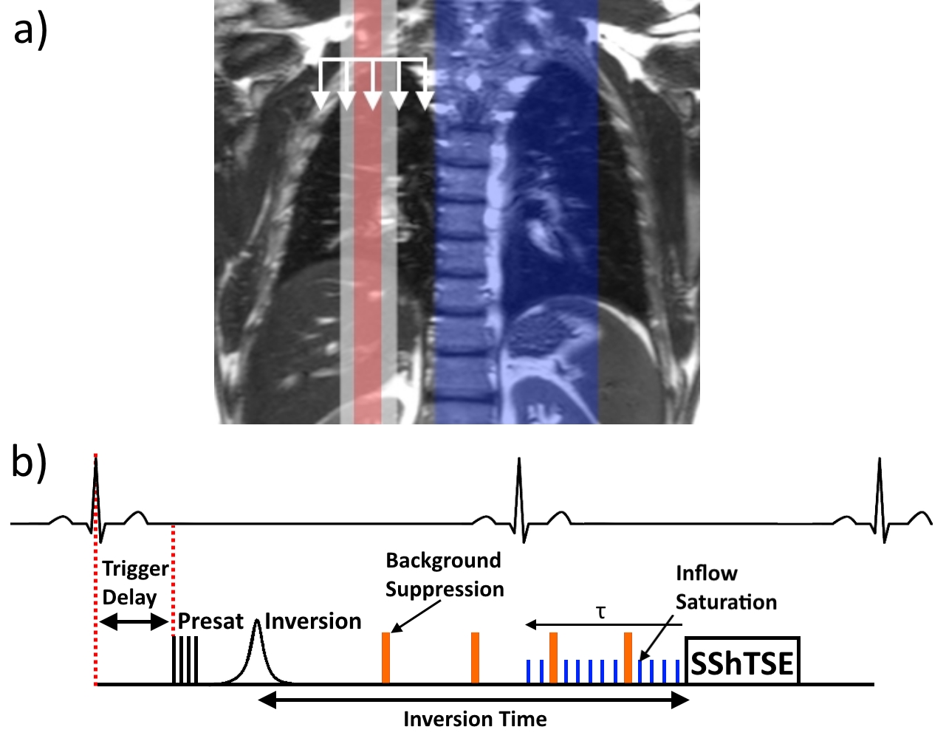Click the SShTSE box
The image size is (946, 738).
(742, 661)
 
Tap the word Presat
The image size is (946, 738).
(210, 621)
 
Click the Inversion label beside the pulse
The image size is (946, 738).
(313, 621)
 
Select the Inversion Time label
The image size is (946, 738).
(475, 719)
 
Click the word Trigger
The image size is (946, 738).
(136, 570)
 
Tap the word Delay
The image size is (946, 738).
(129, 597)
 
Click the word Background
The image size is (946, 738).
(443, 561)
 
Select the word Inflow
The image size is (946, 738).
(706, 573)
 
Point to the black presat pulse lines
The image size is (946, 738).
(185, 661)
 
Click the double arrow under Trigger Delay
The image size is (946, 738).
(134, 622)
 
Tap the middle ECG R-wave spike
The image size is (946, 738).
(519, 480)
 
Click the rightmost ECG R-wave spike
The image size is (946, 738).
(879, 480)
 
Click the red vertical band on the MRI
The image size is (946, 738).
(367, 221)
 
